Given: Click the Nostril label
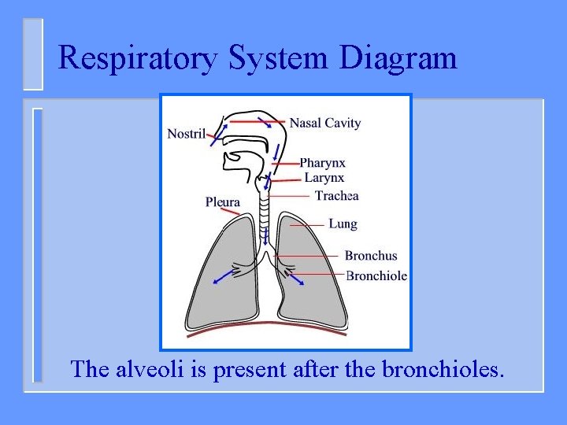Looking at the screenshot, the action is (x=186, y=134).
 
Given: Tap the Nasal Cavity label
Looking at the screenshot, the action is (x=324, y=123).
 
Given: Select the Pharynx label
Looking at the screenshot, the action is (x=322, y=163).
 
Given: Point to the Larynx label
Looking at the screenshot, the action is (x=324, y=178).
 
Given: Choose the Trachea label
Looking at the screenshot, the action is (x=336, y=195).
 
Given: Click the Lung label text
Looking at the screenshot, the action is (x=343, y=224).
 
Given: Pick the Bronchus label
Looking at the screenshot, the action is (x=371, y=256).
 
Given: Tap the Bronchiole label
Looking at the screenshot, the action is (x=376, y=275).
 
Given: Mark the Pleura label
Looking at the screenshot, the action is (x=223, y=202).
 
